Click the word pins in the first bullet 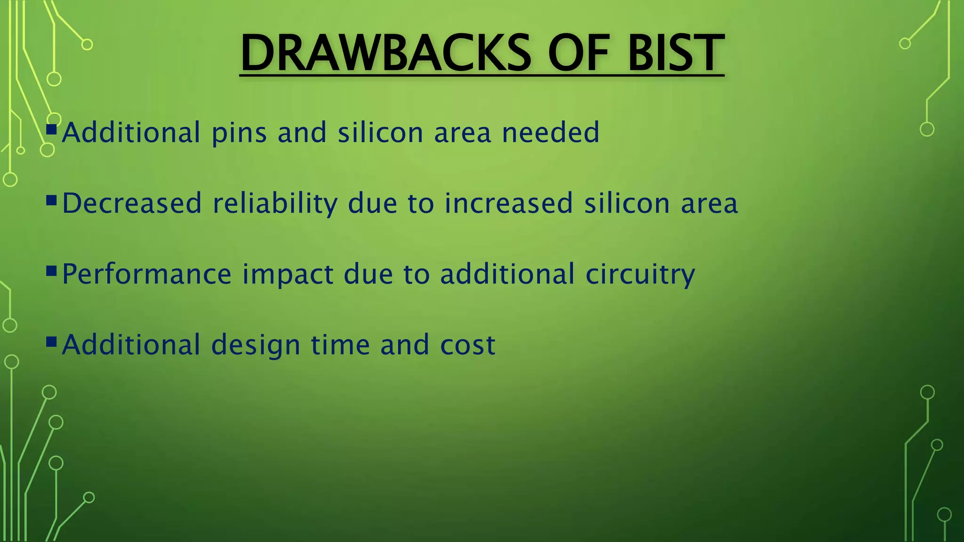(239, 133)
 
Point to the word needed (550, 133)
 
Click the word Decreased (132, 203)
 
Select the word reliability (275, 204)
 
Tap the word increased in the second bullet (508, 203)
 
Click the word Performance (147, 275)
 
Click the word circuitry (640, 275)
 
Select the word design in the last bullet (256, 346)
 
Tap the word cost (467, 345)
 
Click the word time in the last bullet (340, 345)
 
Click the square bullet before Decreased (52, 201)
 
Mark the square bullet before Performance (52, 271)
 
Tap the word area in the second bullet (709, 204)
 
